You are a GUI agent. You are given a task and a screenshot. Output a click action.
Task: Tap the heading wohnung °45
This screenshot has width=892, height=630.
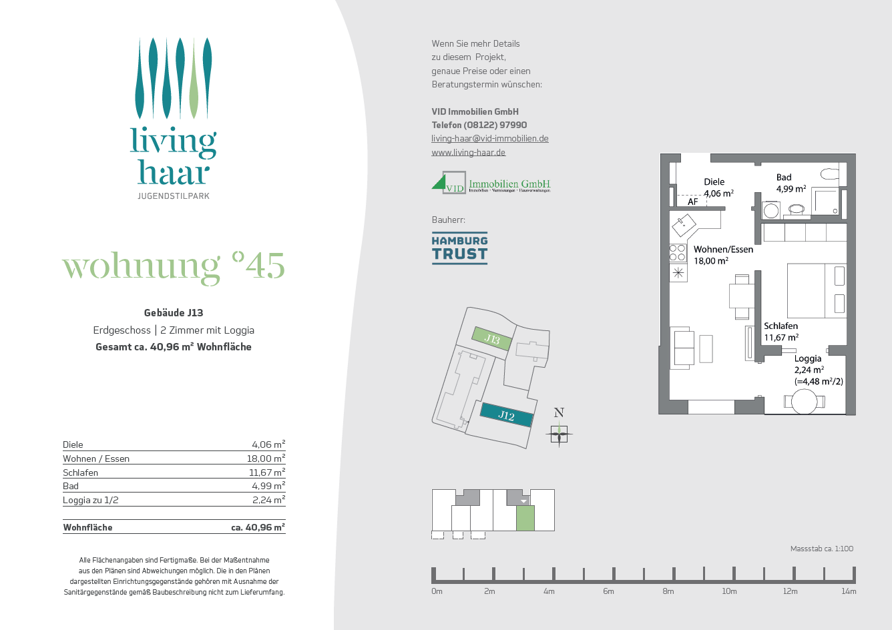click(174, 266)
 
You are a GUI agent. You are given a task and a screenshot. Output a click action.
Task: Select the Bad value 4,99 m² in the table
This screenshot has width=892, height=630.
click(268, 486)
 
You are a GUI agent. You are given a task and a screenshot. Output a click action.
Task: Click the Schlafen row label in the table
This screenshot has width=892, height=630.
click(81, 472)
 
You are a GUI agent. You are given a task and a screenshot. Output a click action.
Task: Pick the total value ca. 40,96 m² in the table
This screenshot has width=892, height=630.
click(258, 527)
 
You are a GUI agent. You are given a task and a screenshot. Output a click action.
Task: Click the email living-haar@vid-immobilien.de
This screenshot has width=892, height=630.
click(489, 139)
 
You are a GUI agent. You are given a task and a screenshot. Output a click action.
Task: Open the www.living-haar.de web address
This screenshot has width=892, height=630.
click(468, 152)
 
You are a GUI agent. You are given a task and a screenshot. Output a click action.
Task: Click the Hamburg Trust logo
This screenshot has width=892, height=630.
click(459, 248)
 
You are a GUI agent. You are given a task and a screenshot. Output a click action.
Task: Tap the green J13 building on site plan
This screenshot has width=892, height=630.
click(492, 339)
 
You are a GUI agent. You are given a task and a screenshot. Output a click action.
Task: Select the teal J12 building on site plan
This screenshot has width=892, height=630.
click(507, 415)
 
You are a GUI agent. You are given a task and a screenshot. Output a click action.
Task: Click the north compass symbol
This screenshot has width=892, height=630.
click(559, 434)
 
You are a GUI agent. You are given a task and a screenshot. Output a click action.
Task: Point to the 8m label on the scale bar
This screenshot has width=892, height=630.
click(668, 591)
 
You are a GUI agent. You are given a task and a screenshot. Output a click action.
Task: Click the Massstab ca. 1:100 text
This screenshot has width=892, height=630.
click(821, 549)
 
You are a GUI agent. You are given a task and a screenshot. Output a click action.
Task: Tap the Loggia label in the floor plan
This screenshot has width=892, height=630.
click(807, 358)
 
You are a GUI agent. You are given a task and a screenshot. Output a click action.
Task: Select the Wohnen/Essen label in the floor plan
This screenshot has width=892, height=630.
click(723, 250)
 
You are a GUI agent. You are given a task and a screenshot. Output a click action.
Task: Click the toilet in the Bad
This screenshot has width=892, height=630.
click(830, 174)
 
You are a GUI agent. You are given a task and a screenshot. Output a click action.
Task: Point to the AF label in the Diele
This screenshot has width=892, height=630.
click(692, 202)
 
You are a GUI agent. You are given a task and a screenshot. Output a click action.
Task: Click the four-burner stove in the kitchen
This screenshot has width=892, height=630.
click(678, 252)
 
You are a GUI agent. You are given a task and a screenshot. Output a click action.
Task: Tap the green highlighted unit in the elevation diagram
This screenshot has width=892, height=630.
click(525, 518)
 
